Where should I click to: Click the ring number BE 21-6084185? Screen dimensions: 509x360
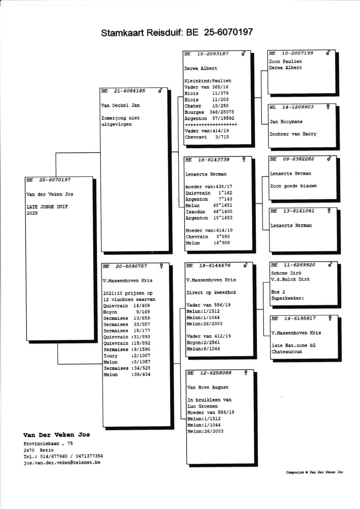(123, 91)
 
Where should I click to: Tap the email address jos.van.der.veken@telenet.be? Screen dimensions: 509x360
(62, 462)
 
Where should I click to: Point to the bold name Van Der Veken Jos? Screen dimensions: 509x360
(56, 435)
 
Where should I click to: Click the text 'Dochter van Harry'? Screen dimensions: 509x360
(293, 134)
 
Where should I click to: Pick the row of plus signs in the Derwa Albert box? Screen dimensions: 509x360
(211, 125)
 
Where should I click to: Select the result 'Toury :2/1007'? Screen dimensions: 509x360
(127, 356)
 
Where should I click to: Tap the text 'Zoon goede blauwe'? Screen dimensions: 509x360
(293, 186)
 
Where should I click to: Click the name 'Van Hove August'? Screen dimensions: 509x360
(208, 387)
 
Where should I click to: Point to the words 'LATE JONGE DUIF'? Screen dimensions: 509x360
(47, 207)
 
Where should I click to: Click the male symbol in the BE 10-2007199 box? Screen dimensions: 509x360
(328, 53)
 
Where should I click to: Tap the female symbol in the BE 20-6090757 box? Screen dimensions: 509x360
(162, 266)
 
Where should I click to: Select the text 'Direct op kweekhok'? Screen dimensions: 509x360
(211, 293)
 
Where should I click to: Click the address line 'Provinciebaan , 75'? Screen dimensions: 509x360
(48, 444)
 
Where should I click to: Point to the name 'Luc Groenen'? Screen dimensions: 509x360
(203, 406)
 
